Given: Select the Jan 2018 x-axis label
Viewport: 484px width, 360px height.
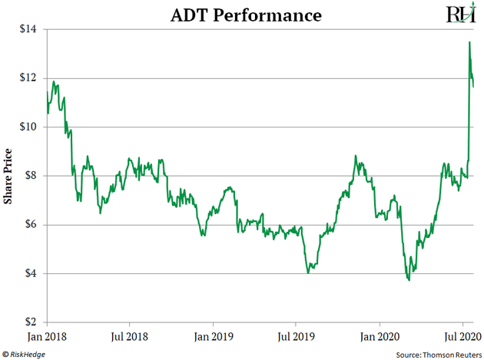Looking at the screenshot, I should [48, 335].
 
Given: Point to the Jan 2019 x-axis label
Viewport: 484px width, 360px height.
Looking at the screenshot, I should [214, 335].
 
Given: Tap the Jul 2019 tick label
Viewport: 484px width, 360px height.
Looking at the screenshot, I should [296, 335].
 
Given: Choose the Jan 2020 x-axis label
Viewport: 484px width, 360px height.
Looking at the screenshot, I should [379, 335].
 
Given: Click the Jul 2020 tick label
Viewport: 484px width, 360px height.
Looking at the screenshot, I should [462, 335].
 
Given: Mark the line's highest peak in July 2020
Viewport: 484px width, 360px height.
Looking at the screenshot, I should [469, 42].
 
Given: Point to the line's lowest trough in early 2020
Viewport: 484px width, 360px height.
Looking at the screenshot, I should [408, 280].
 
